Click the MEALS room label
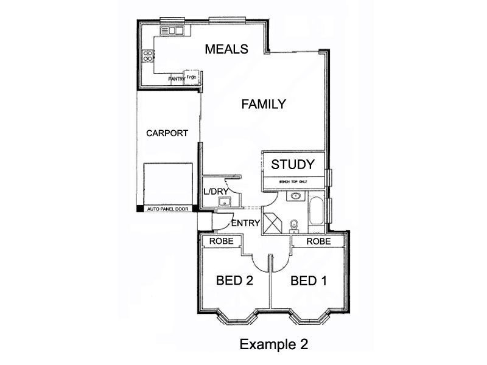[x=226, y=49]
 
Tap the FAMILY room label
[x=264, y=104]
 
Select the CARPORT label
[x=167, y=133]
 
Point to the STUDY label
[x=293, y=164]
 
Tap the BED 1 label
[x=309, y=281]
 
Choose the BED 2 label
[x=234, y=281]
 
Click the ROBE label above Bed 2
[x=220, y=242]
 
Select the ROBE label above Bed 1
[x=318, y=242]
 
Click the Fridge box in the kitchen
[x=192, y=78]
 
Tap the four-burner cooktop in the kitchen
[x=147, y=56]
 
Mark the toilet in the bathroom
[x=295, y=225]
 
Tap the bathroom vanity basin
[x=295, y=196]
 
